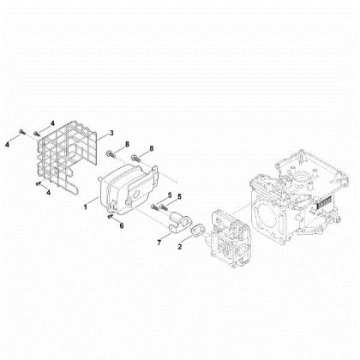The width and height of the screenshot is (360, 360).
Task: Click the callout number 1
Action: [x=86, y=207]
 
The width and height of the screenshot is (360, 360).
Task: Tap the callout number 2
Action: [x=180, y=246]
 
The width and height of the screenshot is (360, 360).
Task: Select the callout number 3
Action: [x=111, y=133]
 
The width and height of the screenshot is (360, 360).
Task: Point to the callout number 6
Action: [x=122, y=225]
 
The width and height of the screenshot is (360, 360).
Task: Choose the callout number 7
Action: [x=159, y=243]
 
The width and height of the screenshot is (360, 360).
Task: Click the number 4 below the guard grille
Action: [x=49, y=193]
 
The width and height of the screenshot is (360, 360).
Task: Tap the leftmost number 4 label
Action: [x=7, y=145]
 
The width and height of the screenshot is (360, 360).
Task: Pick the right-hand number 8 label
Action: [x=152, y=148]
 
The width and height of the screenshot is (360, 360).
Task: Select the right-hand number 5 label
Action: [x=180, y=196]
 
